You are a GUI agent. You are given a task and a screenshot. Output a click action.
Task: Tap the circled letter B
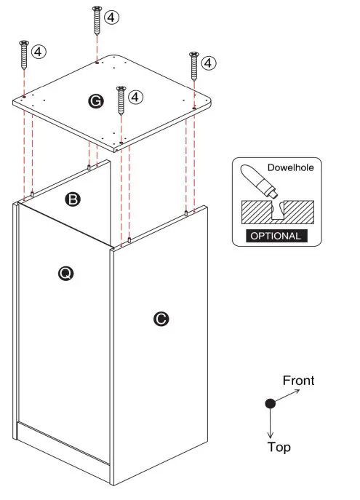click(x=72, y=198)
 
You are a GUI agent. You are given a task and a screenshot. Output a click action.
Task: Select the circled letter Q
click(x=65, y=273)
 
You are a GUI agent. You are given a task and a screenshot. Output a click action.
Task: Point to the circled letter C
click(x=162, y=318)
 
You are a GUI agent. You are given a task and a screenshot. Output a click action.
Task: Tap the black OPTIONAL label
click(x=274, y=236)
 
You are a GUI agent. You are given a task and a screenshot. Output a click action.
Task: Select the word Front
click(x=298, y=381)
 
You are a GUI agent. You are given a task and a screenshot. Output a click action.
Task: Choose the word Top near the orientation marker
click(x=279, y=447)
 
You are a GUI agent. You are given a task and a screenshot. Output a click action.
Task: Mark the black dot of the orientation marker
click(x=271, y=403)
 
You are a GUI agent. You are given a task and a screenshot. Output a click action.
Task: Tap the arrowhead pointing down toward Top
click(x=271, y=434)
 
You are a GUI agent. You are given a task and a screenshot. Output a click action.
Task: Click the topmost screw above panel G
click(x=97, y=20)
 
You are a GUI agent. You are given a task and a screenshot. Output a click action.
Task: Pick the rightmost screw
click(x=194, y=66)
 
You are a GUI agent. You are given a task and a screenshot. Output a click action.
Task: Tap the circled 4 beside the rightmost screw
click(x=209, y=63)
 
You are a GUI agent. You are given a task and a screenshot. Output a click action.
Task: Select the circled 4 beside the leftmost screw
click(x=39, y=51)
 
